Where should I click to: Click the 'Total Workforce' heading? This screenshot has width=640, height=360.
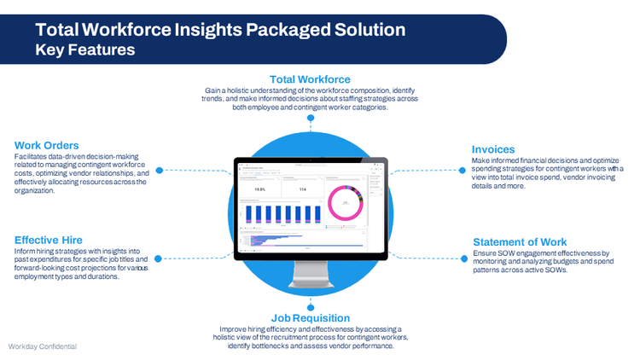(x=310, y=79)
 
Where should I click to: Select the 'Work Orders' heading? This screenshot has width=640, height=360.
(x=47, y=144)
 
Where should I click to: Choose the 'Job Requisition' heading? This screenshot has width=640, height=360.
(x=309, y=317)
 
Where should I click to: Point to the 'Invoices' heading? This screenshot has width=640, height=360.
(x=493, y=149)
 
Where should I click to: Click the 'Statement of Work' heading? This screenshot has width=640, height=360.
(x=520, y=241)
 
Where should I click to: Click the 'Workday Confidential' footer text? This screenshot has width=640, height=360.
(x=42, y=347)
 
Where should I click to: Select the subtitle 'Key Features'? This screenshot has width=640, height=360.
(x=84, y=50)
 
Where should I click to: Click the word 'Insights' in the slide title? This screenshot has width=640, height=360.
(x=212, y=30)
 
